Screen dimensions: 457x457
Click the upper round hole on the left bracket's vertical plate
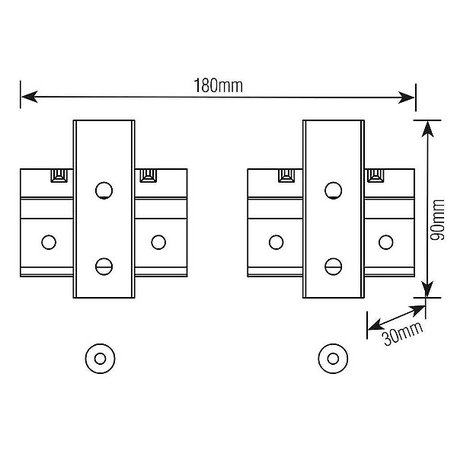(x=104, y=189)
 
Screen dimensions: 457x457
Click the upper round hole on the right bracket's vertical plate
(x=334, y=189)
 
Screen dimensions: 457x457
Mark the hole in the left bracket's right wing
(x=158, y=241)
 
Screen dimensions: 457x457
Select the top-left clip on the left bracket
(x=58, y=175)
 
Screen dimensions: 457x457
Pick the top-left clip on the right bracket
(x=288, y=175)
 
